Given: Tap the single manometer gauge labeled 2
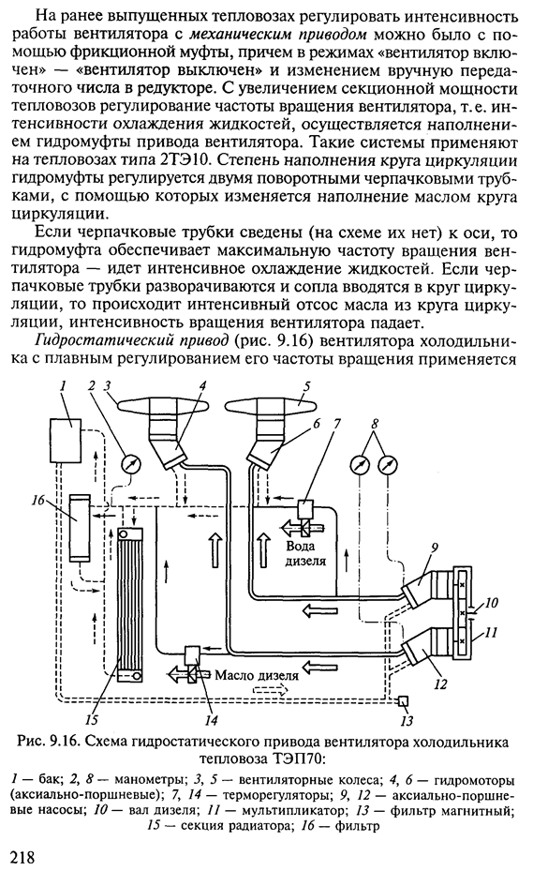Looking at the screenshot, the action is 131,463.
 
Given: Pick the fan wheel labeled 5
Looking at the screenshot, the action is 274,410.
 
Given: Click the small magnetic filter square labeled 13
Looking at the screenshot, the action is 403,702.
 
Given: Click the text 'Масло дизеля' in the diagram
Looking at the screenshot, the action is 257,675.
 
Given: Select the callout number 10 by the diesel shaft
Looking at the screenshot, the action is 490,602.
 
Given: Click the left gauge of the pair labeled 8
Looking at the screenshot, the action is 361,464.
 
